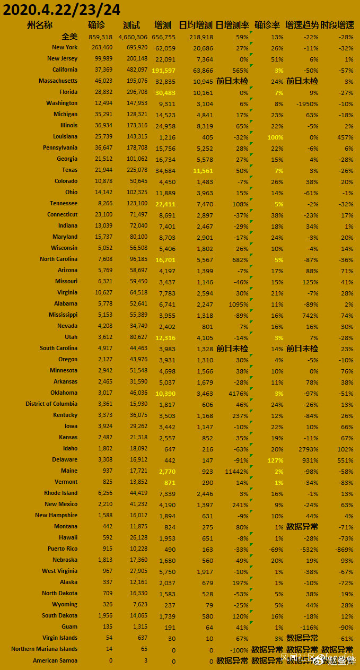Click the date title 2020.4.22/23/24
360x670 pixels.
click(62, 9)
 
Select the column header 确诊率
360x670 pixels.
click(267, 25)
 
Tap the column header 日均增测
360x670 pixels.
click(195, 25)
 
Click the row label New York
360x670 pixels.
click(65, 47)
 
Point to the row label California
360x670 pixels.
click(65, 69)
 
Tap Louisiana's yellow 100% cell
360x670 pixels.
click(275, 137)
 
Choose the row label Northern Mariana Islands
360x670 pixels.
click(44, 649)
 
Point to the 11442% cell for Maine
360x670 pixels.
click(236, 471)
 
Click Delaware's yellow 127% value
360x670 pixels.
click(275, 460)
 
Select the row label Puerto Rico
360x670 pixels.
click(62, 549)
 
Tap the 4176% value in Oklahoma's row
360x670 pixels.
click(238, 393)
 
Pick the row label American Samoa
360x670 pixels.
click(55, 660)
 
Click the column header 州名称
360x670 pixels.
click(40, 25)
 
